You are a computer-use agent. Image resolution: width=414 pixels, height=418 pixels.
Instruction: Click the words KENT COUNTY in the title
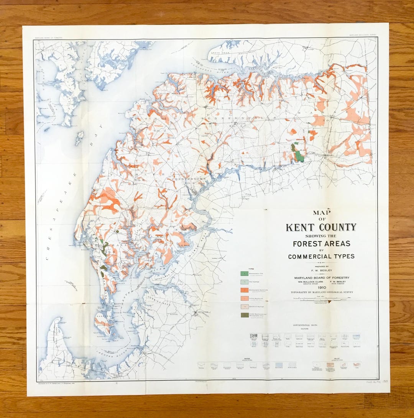point(321,227)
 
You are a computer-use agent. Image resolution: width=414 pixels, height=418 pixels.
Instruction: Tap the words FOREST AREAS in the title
point(321,243)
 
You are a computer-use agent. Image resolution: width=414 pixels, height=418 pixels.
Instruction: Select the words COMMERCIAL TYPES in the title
point(321,256)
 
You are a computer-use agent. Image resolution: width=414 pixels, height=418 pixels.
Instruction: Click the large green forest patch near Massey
point(299,156)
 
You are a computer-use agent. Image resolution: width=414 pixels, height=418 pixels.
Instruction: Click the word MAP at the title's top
point(321,213)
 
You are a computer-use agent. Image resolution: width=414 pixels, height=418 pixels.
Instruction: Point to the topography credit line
point(321,292)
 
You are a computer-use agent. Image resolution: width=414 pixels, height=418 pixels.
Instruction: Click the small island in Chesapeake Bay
point(79,138)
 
